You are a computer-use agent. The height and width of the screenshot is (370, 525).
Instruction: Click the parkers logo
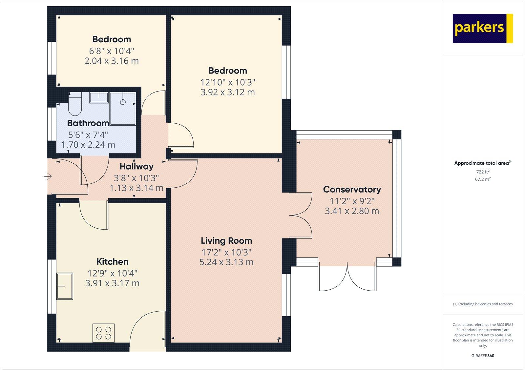(x=482, y=28)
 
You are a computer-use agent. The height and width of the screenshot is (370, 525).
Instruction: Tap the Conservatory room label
(x=352, y=189)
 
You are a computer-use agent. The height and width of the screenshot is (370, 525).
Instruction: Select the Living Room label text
(x=226, y=241)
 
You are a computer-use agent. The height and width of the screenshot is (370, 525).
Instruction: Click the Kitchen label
(x=112, y=262)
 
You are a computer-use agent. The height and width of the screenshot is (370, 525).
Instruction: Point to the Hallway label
(x=136, y=166)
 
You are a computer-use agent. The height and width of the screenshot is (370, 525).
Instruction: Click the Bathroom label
(x=88, y=123)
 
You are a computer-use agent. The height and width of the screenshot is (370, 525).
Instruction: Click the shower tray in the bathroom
(x=123, y=109)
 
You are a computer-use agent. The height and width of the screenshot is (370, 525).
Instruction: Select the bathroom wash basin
(x=99, y=97)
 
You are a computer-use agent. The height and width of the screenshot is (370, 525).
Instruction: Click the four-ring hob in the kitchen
(x=104, y=333)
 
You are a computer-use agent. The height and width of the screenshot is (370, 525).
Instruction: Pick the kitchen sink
(x=65, y=286)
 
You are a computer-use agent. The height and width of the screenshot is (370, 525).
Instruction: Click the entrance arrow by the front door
(x=48, y=177)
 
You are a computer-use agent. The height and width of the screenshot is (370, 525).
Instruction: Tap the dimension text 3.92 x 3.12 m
(x=227, y=92)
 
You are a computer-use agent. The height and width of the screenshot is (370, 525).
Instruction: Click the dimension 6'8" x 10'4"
(x=112, y=51)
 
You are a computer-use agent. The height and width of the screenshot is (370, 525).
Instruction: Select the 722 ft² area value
(x=483, y=172)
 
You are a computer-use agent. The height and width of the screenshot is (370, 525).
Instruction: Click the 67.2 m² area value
(x=483, y=179)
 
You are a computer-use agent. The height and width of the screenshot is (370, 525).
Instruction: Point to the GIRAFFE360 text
(x=483, y=356)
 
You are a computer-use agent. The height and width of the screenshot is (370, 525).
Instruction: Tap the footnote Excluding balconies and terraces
(x=483, y=304)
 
